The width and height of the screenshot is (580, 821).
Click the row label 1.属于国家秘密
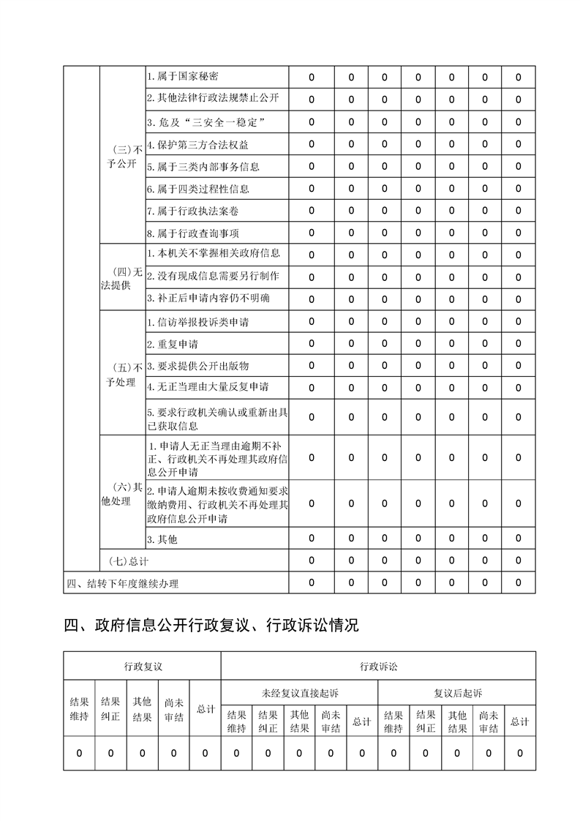coord(182,76)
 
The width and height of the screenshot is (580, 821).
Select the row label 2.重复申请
coord(173,343)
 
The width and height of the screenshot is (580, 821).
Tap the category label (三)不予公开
coord(121,156)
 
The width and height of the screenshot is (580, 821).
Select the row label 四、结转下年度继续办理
coord(122,583)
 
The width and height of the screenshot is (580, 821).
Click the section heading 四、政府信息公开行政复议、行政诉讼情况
coord(211,626)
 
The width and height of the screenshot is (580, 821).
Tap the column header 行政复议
coord(142,666)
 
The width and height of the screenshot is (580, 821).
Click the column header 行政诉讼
coord(378,666)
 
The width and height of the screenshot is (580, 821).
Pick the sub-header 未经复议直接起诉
coord(300,692)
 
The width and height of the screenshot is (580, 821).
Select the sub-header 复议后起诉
coord(457,692)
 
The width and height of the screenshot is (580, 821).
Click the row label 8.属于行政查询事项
coord(192,233)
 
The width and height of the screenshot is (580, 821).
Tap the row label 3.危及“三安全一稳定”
coord(205,121)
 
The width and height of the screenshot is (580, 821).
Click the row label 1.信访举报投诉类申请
coord(203,321)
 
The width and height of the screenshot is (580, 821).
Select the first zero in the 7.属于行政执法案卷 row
coord(312,211)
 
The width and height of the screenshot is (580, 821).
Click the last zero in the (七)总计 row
coord(519,561)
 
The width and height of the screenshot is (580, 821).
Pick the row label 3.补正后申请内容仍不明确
coord(208,298)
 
